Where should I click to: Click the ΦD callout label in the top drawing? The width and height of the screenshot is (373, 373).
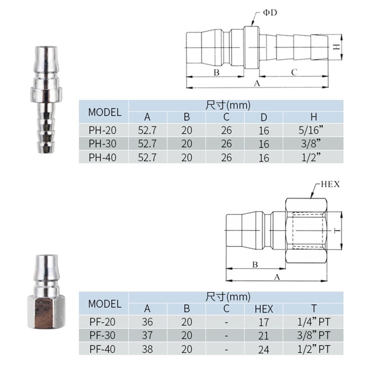tap(270, 13)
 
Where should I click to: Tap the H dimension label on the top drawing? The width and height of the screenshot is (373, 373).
tap(336, 47)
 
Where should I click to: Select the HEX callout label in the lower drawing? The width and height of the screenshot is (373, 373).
tap(330, 184)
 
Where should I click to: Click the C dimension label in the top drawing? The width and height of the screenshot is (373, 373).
tap(294, 72)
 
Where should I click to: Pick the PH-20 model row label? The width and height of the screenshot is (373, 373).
tap(103, 130)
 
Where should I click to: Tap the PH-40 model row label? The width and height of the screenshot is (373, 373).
tap(103, 158)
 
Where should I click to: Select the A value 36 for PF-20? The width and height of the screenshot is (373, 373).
tap(147, 322)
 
